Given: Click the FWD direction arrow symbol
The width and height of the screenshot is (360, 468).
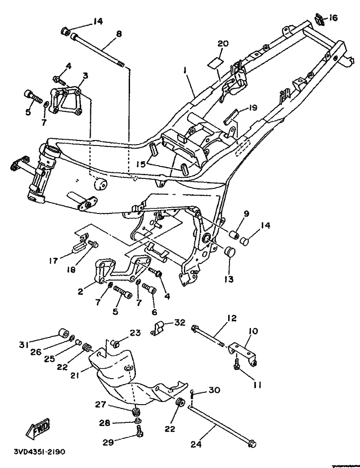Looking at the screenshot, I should (39, 428).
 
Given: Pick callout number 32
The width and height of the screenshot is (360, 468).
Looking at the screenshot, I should (179, 323).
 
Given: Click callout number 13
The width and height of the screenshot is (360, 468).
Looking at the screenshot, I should (228, 279).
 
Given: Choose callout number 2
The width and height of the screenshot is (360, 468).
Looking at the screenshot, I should (80, 291).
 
